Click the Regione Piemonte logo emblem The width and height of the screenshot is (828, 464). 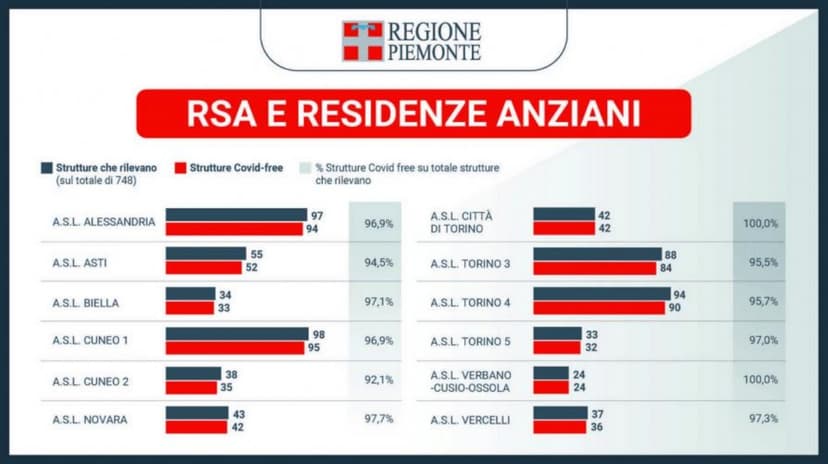tap(362, 41)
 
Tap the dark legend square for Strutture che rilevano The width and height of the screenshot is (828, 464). tap(46, 168)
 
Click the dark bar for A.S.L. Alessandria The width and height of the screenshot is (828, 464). tap(236, 215)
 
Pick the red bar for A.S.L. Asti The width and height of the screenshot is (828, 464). tap(203, 267)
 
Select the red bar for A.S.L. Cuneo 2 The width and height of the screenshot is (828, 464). tap(191, 387)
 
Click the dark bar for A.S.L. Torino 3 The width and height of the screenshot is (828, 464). tap(597, 254)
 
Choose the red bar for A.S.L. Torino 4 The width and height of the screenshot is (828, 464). tap(598, 307)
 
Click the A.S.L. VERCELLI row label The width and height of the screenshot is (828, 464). tap(470, 420)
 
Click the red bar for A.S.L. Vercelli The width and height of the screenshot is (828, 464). tap(560, 427)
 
